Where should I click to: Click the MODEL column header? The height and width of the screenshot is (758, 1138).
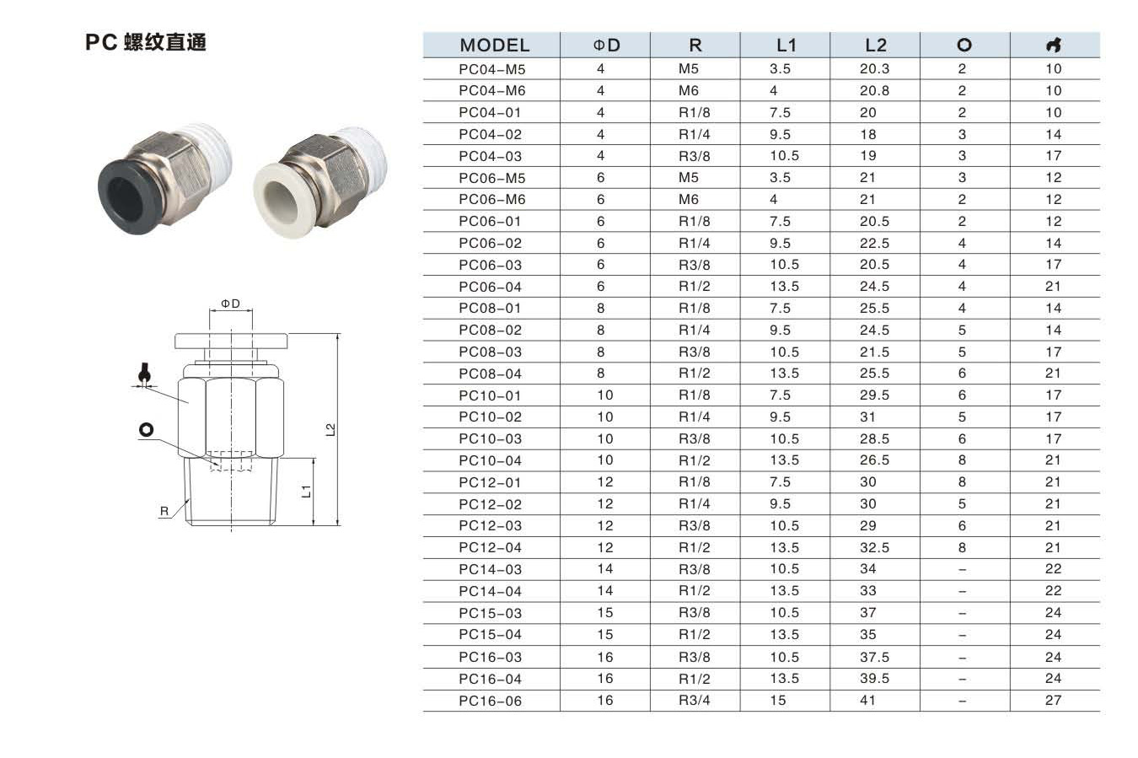[x=494, y=46]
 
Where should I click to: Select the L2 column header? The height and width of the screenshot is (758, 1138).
[x=876, y=46]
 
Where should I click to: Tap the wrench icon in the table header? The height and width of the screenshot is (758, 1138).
[x=1055, y=45]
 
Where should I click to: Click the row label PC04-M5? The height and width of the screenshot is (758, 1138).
[x=491, y=69]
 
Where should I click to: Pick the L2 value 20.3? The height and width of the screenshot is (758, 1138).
[x=874, y=68]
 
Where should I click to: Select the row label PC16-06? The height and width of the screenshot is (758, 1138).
[x=491, y=702]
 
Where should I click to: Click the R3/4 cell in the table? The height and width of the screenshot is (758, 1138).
[x=695, y=701]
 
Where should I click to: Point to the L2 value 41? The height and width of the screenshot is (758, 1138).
[x=867, y=701]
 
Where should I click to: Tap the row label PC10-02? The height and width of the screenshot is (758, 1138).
[x=491, y=417]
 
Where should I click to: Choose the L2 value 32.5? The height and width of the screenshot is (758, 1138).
[x=874, y=548]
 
